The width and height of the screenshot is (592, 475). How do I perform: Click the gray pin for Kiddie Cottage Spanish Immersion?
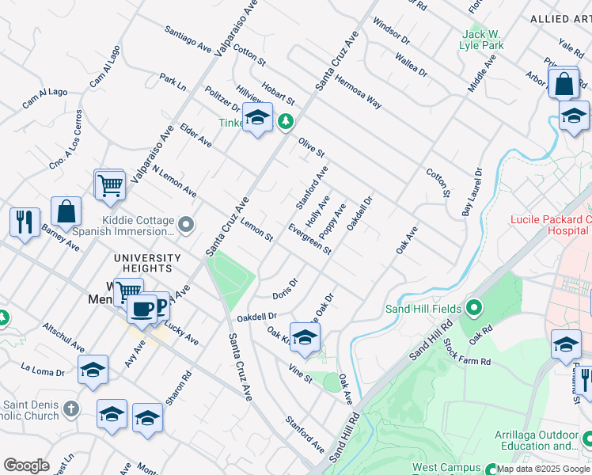click(x=186, y=226)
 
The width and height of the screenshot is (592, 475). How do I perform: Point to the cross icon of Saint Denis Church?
click(x=71, y=408)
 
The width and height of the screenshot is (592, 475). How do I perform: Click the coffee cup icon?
click(x=142, y=308)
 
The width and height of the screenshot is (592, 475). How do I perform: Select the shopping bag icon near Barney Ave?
click(x=66, y=211)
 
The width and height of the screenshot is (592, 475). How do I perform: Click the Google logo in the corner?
click(x=27, y=465)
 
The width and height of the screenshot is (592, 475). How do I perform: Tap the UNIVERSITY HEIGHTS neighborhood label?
click(x=147, y=258)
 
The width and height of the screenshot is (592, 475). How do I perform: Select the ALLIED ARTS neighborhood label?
click(x=560, y=18)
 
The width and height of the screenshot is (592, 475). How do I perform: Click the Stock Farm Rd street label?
click(x=467, y=351)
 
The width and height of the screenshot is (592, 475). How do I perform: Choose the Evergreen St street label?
click(x=309, y=238)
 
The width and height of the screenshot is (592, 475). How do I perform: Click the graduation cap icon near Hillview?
click(x=256, y=119)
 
